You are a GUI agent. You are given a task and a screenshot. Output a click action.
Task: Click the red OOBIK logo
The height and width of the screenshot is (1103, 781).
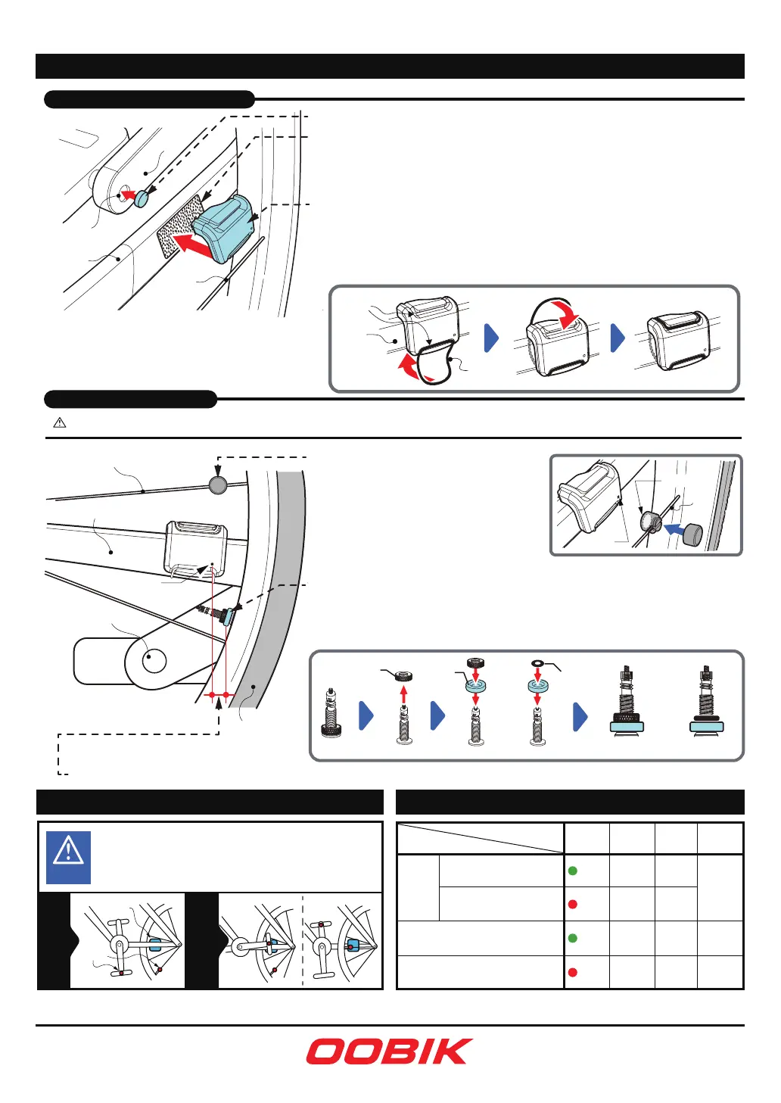click(389, 1052)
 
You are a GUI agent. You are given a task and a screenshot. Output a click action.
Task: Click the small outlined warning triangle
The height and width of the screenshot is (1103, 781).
click(60, 422)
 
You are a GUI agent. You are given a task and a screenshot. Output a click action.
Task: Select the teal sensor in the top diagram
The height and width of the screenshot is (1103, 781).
click(224, 228)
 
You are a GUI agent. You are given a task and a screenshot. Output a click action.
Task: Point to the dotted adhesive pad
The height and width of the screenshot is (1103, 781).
click(179, 226)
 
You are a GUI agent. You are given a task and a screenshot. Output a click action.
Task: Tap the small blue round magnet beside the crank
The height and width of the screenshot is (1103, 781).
click(142, 198)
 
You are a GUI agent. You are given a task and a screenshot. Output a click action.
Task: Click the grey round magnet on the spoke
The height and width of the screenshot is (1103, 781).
click(218, 485)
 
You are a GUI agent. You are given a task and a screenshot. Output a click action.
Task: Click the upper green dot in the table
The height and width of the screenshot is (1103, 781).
click(572, 871)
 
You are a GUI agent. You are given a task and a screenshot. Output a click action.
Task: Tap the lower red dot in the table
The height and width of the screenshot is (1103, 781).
click(572, 973)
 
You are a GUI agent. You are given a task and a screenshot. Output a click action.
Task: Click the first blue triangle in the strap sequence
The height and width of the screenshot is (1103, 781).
click(491, 338)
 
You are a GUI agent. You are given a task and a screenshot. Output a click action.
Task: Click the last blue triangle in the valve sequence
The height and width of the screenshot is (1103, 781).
click(580, 716)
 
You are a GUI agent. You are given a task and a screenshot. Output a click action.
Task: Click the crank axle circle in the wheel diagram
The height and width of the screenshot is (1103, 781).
click(154, 660)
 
